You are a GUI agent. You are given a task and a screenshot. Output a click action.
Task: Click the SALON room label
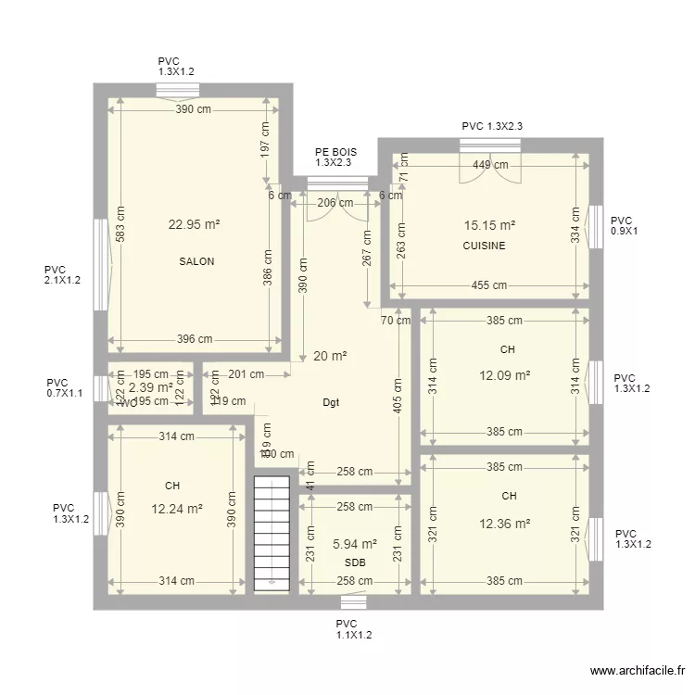click(196, 261)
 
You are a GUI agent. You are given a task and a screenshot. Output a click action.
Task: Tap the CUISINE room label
click(484, 246)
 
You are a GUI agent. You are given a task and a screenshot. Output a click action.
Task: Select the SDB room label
click(355, 563)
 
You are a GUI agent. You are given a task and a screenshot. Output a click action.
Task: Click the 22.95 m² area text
click(194, 223)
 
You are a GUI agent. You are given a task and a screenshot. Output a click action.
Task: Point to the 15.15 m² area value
click(489, 224)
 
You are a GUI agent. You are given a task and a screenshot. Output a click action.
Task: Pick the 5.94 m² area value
click(355, 544)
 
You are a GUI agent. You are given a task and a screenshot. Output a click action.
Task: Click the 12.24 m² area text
click(177, 508)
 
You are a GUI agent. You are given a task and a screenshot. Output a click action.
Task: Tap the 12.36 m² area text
click(505, 524)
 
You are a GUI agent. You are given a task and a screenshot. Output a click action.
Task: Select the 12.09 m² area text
click(505, 375)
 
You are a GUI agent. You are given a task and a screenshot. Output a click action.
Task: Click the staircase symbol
click(272, 533)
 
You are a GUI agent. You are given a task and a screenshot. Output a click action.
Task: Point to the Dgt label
click(331, 403)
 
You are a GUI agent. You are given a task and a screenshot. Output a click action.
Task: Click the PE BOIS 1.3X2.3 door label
click(335, 157)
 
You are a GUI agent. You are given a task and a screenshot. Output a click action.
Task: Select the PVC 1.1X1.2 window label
click(353, 630)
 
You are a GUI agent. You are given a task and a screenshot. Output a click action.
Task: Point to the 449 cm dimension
click(489, 166)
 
